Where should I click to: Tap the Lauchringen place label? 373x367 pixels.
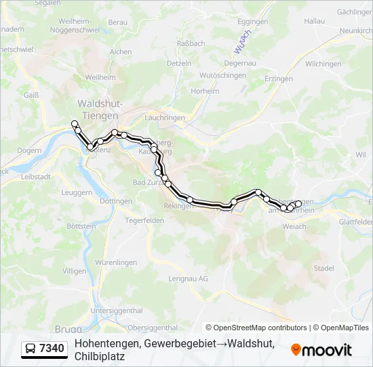(165, 118)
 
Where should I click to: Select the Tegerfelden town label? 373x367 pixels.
(145, 220)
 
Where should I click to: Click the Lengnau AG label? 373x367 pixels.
(188, 279)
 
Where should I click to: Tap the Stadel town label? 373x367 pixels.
(323, 268)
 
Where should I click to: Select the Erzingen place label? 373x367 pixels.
(278, 79)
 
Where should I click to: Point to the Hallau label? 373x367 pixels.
(314, 22)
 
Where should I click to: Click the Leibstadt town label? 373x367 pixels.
(37, 176)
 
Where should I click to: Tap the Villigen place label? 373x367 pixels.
(74, 270)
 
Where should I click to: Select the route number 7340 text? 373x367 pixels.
(52, 349)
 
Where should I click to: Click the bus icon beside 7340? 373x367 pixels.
(31, 349)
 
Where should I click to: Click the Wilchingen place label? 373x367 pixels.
(323, 64)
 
